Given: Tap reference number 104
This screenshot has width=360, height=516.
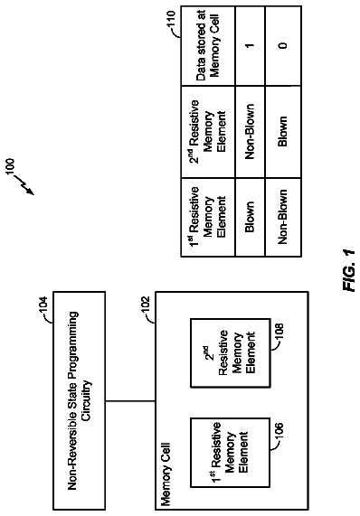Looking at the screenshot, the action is click(x=43, y=305).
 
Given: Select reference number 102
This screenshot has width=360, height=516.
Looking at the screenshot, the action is click(x=146, y=305).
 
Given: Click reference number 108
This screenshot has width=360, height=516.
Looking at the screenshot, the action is click(x=279, y=332).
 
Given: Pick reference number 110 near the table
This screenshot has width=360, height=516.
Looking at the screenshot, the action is click(x=171, y=19).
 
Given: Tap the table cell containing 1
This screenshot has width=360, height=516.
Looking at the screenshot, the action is click(x=250, y=46).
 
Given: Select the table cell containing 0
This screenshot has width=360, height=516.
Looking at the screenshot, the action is click(x=283, y=46).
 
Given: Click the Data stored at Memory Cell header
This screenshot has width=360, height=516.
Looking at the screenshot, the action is click(x=208, y=46).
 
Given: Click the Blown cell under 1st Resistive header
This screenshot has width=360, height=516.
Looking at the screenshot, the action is click(x=250, y=217).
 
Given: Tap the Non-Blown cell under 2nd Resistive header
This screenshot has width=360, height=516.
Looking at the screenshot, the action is click(x=250, y=132).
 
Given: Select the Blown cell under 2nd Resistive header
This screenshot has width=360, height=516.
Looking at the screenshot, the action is click(x=282, y=132).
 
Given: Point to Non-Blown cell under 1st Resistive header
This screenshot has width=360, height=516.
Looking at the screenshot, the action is click(x=282, y=217).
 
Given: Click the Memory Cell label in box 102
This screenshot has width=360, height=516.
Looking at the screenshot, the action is click(x=166, y=474).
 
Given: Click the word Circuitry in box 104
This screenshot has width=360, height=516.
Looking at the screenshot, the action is click(x=86, y=400).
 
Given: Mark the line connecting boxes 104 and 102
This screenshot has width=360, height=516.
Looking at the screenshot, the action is click(x=130, y=401).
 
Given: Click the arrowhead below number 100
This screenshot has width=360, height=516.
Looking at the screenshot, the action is click(x=31, y=192).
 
